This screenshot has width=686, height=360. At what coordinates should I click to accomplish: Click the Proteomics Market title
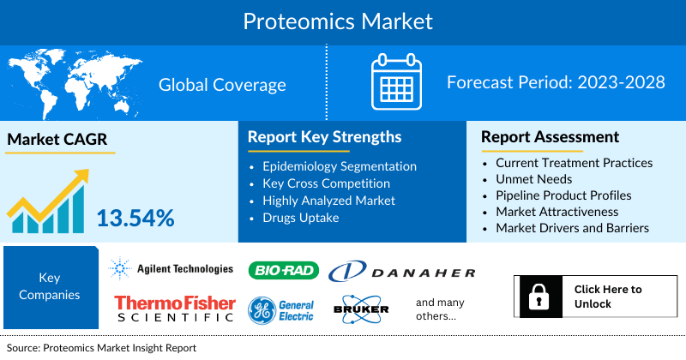[338, 21]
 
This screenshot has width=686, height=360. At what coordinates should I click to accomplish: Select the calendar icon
[397, 82]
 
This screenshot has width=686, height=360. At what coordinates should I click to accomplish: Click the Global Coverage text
[222, 84]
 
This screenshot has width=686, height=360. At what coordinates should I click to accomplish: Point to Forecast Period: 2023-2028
[556, 83]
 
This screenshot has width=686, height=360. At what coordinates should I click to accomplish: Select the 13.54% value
[135, 217]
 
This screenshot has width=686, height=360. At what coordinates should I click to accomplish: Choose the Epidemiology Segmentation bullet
[340, 165]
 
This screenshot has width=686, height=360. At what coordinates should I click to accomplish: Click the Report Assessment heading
[550, 137]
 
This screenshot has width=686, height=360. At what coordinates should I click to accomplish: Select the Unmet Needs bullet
[533, 178]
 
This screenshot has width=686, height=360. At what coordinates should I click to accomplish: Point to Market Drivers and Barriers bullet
[572, 228]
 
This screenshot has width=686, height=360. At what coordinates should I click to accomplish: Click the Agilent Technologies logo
[171, 269]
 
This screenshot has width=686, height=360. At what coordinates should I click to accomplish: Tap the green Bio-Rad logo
[283, 271]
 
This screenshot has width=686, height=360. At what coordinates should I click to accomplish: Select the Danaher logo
[402, 273]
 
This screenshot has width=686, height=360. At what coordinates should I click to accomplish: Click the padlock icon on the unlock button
[539, 297]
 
